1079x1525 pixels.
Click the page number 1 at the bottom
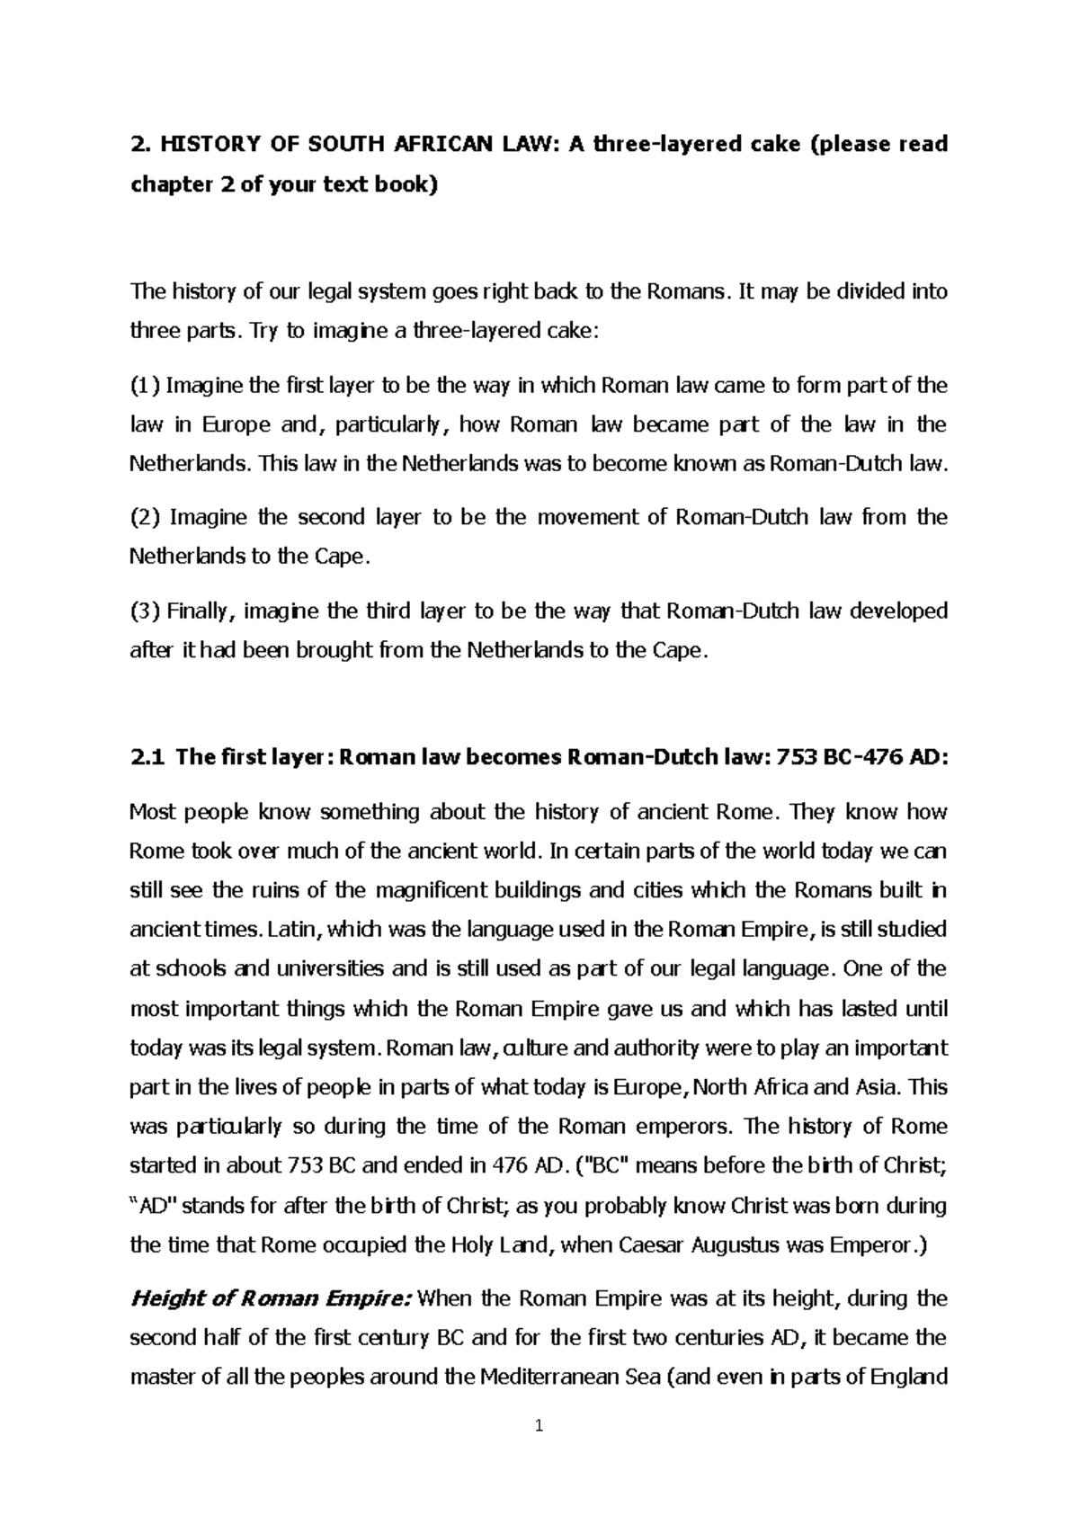pyautogui.click(x=539, y=1425)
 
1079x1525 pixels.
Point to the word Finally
pyautogui.click(x=201, y=611)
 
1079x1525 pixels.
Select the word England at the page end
pyautogui.click(x=910, y=1376)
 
